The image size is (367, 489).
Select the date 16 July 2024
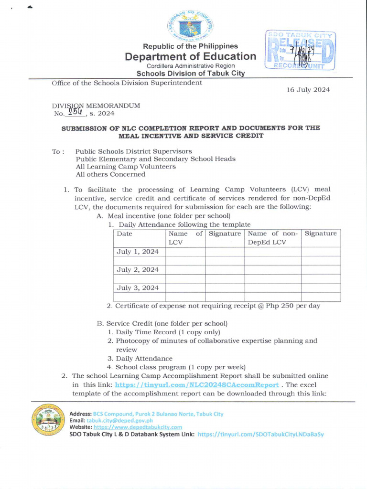(308, 90)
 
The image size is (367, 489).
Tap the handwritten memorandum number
(75, 112)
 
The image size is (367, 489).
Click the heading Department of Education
(190, 56)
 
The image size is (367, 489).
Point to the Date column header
(125, 234)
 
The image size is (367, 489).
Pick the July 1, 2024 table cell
(138, 252)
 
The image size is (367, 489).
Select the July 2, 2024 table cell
(138, 270)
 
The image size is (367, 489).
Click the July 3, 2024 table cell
(138, 287)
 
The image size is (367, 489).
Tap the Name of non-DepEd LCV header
(272, 238)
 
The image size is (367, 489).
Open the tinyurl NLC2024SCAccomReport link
(197, 385)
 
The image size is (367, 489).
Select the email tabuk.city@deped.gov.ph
(117, 421)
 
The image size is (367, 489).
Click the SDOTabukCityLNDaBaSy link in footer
(260, 435)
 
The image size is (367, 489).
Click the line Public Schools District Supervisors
(134, 151)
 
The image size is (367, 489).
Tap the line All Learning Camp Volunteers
(126, 167)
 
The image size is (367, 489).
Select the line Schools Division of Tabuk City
(190, 74)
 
